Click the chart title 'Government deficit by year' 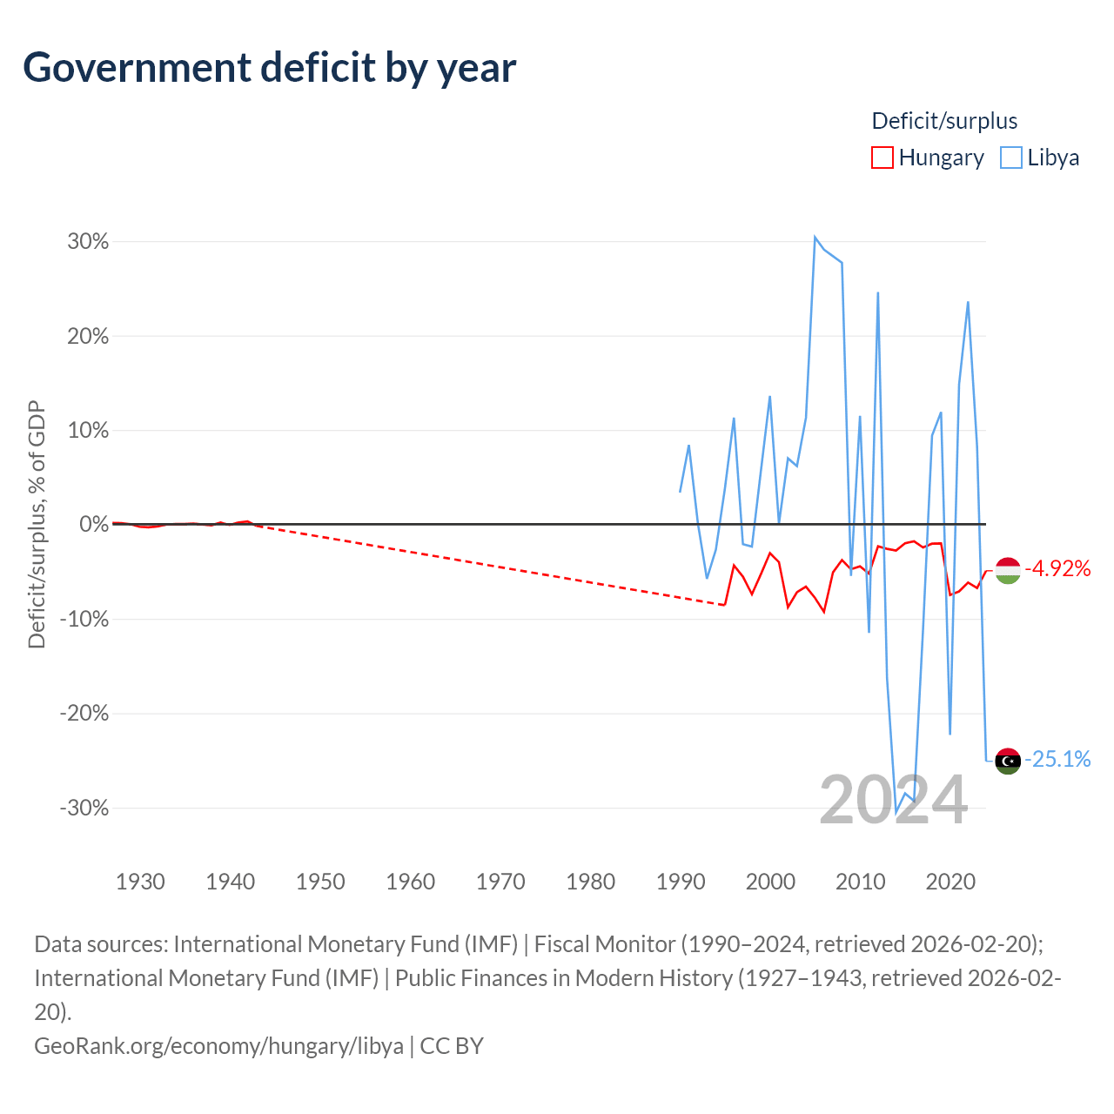click(270, 68)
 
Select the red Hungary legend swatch click(882, 158)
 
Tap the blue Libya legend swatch click(1010, 158)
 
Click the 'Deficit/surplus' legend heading click(944, 121)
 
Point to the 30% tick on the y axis click(88, 242)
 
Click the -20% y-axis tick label click(84, 714)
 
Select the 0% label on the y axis click(94, 525)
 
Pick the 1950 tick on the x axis click(320, 882)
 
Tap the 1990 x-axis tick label click(681, 882)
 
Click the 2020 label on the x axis click(950, 882)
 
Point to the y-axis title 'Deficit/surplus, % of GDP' click(37, 525)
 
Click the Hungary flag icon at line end click(1007, 570)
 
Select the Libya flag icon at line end click(1007, 761)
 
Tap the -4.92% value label click(1057, 569)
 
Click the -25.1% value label click(1057, 760)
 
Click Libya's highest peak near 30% click(815, 237)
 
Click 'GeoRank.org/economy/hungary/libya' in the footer click(218, 1045)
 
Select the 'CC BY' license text click(452, 1045)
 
